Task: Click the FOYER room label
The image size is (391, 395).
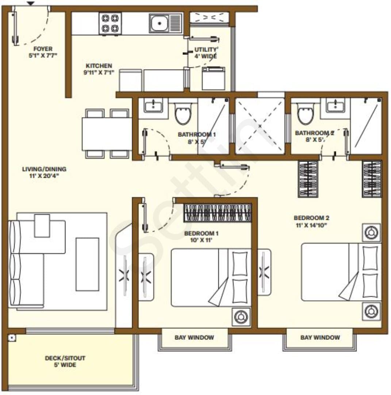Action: click(43, 49)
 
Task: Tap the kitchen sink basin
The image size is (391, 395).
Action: click(160, 23)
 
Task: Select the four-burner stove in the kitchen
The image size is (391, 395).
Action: click(110, 23)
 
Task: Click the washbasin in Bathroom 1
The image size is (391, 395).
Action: click(153, 105)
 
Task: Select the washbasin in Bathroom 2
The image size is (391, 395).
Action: click(336, 105)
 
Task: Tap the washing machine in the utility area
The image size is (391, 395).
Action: click(214, 78)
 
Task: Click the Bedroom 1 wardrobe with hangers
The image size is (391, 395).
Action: click(218, 213)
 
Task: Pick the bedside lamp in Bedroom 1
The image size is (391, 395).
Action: click(241, 317)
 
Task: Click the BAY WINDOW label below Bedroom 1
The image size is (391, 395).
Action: click(194, 337)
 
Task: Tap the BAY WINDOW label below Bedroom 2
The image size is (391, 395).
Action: click(320, 337)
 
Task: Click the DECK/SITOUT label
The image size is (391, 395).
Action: click(65, 358)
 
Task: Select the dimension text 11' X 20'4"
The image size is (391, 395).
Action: click(44, 176)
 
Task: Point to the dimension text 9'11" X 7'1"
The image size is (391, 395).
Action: click(99, 72)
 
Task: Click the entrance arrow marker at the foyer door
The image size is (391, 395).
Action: click(31, 3)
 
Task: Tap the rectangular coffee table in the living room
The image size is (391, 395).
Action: click(87, 264)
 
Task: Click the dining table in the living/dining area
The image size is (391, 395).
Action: click(107, 134)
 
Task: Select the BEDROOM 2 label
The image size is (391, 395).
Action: click(311, 218)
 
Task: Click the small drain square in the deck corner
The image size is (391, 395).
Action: click(12, 338)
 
